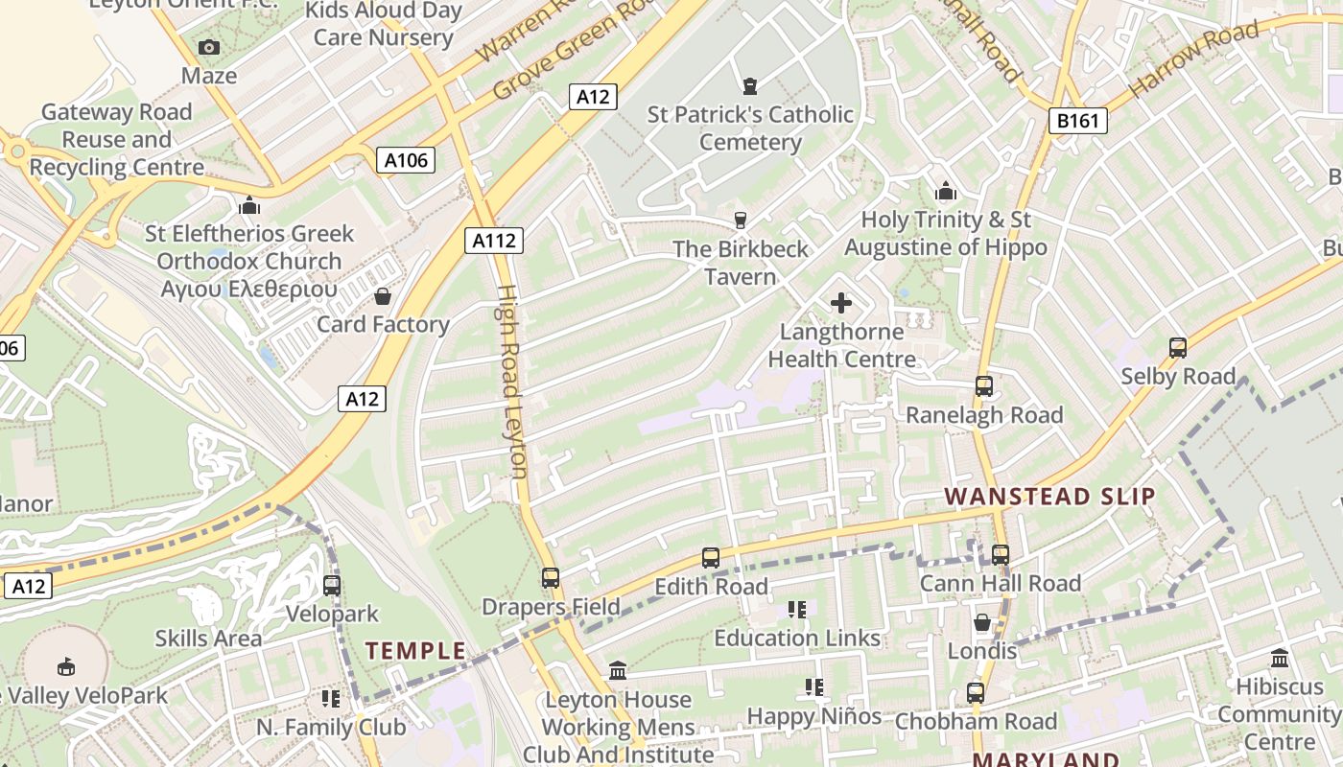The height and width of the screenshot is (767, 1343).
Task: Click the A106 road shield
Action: (x=405, y=160)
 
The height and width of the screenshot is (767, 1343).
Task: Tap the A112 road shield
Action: (x=495, y=241)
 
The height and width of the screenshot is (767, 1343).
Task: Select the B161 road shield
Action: (x=1077, y=121)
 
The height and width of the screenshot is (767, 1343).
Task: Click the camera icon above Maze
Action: (x=208, y=47)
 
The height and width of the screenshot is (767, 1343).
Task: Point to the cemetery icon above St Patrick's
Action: (x=750, y=86)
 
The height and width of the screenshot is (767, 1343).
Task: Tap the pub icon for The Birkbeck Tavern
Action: (x=740, y=221)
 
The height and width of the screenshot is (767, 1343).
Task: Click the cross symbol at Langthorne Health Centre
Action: (x=841, y=304)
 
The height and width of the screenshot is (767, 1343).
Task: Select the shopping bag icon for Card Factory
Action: (x=383, y=296)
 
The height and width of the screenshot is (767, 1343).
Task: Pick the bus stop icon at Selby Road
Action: (x=1178, y=348)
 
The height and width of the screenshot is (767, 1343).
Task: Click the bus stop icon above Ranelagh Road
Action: (x=984, y=386)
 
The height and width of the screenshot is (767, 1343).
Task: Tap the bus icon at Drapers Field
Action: (x=550, y=578)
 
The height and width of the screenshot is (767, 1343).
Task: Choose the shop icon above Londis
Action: (x=981, y=623)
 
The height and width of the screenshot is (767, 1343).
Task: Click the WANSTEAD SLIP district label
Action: (x=1049, y=497)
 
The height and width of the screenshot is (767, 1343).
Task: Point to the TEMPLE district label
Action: (x=415, y=652)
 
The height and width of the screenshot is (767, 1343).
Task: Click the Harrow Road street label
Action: (x=1194, y=59)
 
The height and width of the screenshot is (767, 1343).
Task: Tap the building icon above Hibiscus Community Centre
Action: (x=1280, y=659)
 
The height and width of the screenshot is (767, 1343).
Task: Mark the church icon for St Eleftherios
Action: (x=249, y=205)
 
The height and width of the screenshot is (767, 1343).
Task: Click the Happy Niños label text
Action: (x=813, y=716)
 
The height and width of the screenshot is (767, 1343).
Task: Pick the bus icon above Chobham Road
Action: (x=976, y=692)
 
